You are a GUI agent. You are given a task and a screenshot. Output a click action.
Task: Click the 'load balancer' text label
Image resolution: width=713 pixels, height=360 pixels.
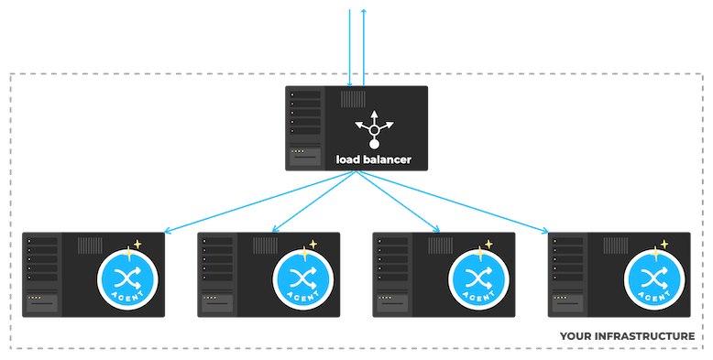(x=373, y=160)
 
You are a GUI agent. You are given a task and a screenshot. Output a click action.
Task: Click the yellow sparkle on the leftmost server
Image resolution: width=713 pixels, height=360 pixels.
(x=138, y=245)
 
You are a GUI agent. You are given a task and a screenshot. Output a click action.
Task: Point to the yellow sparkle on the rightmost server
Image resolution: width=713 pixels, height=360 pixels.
(x=664, y=245)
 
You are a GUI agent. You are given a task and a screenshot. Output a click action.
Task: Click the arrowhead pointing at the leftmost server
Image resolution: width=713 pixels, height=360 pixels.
(x=168, y=232)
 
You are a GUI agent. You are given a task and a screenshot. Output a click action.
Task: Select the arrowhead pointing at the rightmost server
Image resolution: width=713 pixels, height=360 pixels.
(x=546, y=230)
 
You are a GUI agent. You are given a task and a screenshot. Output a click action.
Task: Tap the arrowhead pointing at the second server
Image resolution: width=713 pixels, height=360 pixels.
(x=276, y=229)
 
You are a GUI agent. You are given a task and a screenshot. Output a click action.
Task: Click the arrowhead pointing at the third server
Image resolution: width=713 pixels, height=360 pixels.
(x=439, y=229)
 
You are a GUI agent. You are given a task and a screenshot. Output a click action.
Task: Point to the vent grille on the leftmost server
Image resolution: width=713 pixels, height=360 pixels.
(x=90, y=245)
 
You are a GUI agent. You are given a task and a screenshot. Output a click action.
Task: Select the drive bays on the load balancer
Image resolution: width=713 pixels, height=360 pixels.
(x=305, y=112)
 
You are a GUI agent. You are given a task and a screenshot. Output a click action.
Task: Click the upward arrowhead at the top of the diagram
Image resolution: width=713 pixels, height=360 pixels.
(x=363, y=11)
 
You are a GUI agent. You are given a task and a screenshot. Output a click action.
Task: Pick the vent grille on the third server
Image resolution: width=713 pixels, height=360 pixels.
(x=440, y=245)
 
